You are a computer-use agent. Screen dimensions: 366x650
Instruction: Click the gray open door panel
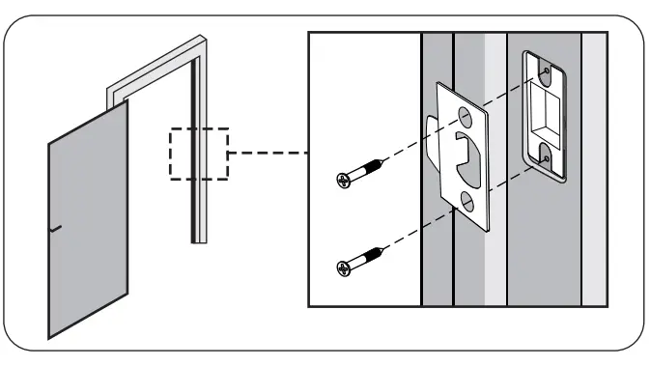click(87, 222)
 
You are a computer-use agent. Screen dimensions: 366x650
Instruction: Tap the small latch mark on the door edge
click(54, 229)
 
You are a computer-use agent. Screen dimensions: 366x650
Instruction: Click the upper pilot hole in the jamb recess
click(547, 71)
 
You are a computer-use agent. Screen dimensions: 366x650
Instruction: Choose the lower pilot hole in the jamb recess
click(546, 151)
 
